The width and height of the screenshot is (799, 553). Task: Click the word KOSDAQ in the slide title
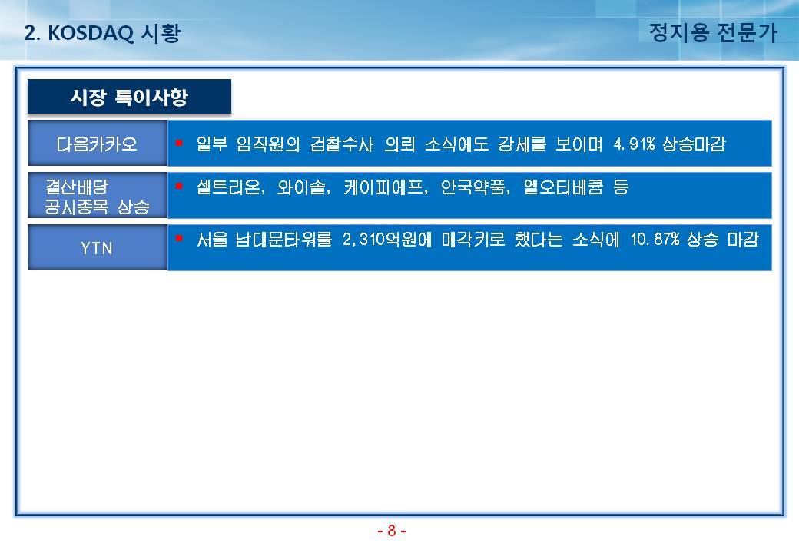(x=91, y=33)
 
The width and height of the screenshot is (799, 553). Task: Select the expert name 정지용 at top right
(x=679, y=32)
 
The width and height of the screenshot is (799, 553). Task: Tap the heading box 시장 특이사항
(x=129, y=96)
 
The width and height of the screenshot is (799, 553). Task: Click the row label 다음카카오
(x=97, y=144)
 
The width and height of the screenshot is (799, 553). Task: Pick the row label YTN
(x=96, y=248)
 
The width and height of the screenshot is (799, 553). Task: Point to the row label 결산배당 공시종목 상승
(x=97, y=197)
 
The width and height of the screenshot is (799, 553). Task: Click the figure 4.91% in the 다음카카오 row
(x=634, y=144)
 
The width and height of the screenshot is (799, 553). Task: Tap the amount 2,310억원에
(x=386, y=239)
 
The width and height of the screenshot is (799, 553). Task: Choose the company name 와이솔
(x=301, y=187)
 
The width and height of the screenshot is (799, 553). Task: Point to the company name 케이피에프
(x=383, y=187)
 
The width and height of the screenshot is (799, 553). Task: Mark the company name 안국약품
(x=472, y=187)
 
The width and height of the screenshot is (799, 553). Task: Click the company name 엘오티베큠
(x=563, y=187)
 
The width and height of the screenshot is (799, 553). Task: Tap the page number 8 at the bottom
(x=391, y=531)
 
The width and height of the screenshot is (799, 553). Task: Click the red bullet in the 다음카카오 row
(x=179, y=143)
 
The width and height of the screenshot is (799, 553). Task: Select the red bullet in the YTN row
(x=179, y=238)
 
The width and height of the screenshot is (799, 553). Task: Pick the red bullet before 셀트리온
(x=179, y=186)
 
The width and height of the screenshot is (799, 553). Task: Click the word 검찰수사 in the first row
(x=342, y=144)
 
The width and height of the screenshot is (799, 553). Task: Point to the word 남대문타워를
(x=283, y=239)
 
